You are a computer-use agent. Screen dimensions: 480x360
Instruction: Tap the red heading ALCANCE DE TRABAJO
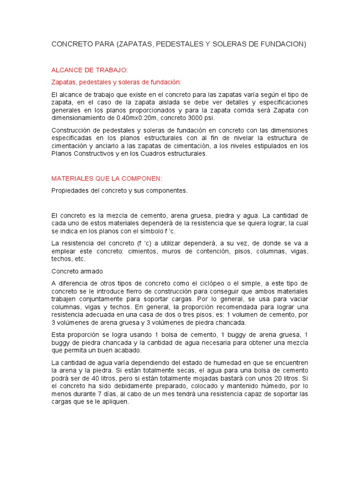89,70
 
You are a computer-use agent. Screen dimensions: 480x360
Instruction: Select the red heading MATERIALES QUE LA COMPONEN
106,179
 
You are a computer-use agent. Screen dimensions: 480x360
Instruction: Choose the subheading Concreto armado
77,271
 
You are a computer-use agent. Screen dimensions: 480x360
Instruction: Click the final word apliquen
115,402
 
